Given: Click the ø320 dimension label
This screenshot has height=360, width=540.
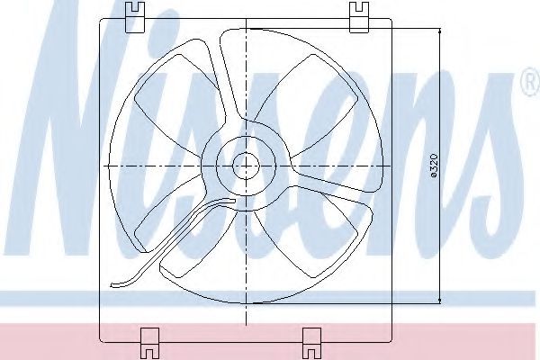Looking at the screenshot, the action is [434, 166].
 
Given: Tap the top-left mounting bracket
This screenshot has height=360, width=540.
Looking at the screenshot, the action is [135, 17].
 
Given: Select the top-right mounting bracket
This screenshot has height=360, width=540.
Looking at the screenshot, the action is [359, 17].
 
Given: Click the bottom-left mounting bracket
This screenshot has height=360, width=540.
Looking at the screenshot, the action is [150, 344].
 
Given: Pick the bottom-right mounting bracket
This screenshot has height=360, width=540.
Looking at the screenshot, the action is [311, 344].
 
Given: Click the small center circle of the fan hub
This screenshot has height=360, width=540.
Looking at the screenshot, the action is [246, 166].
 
